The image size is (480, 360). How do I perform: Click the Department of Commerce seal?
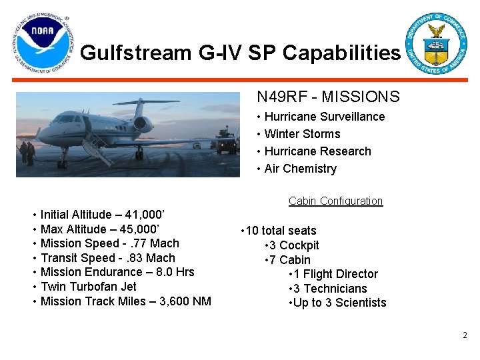coord(437,43)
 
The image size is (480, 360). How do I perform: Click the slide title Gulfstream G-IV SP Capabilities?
coord(241,53)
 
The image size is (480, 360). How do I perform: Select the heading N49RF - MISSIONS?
coord(328,97)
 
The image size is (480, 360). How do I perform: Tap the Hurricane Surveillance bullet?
coord(324,117)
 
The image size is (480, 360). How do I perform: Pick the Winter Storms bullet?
coord(302,134)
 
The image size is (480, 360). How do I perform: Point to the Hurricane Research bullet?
coord(317,151)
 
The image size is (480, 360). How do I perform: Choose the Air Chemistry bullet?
coord(300,169)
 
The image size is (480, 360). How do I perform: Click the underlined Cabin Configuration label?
coord(335,201)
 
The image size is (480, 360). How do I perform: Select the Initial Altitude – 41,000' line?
coord(103,215)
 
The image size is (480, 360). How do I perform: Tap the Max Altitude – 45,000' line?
coord(100,229)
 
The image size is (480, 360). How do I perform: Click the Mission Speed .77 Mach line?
coord(109,243)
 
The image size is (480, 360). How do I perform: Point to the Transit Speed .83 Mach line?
coord(107,258)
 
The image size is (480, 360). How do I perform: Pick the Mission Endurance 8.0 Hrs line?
coord(117,272)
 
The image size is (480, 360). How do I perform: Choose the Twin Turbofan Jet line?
coord(88,287)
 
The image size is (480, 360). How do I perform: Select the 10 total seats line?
coord(281,231)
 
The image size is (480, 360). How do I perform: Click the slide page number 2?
coord(465,335)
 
